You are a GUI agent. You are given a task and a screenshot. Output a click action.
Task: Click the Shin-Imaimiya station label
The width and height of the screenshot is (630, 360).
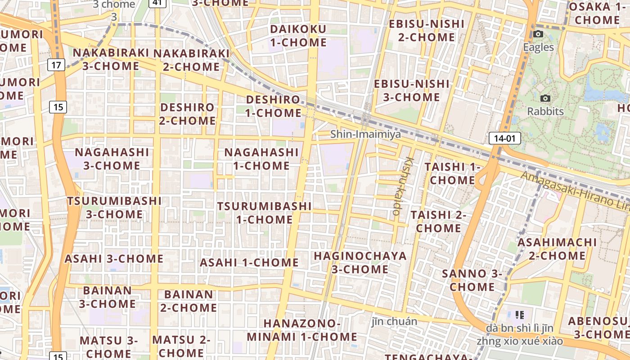click(365, 134)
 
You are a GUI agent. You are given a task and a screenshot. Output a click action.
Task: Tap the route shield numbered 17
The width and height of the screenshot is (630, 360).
click(56, 65)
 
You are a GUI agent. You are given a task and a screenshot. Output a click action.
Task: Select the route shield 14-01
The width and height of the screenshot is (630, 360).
click(504, 138)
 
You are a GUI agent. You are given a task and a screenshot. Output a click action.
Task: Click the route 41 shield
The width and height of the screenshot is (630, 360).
click(157, 3)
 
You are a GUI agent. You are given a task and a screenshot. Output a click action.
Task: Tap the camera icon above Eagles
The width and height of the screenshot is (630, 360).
click(538, 34)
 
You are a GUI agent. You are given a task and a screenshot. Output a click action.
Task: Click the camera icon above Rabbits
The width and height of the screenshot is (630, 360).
click(545, 98)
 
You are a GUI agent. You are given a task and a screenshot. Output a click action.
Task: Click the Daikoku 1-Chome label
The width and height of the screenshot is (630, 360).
click(298, 36)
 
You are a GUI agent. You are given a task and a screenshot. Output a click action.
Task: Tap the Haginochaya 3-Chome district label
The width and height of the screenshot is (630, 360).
click(360, 262)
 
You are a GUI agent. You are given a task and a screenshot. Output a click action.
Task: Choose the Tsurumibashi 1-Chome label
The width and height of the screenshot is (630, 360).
click(265, 213)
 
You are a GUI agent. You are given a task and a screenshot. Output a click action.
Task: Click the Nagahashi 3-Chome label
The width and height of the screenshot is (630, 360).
click(112, 159)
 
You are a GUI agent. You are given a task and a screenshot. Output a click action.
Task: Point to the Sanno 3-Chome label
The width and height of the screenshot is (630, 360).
click(472, 280)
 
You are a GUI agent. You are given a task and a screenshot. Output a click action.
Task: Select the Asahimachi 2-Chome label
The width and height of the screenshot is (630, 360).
click(557, 249)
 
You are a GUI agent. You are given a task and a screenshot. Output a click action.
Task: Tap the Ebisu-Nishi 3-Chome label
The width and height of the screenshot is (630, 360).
click(412, 90)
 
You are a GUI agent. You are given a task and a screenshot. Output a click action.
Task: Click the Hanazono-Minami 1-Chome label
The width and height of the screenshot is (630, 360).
click(302, 330)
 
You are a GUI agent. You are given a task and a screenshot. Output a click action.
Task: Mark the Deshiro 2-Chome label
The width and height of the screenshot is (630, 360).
click(188, 114)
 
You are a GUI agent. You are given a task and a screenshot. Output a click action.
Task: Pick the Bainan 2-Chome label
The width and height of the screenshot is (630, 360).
click(189, 301)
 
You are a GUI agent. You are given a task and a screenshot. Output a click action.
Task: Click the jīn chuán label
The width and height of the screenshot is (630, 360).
click(395, 321)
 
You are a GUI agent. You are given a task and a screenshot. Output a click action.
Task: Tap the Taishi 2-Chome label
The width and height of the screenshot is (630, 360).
click(438, 221)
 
